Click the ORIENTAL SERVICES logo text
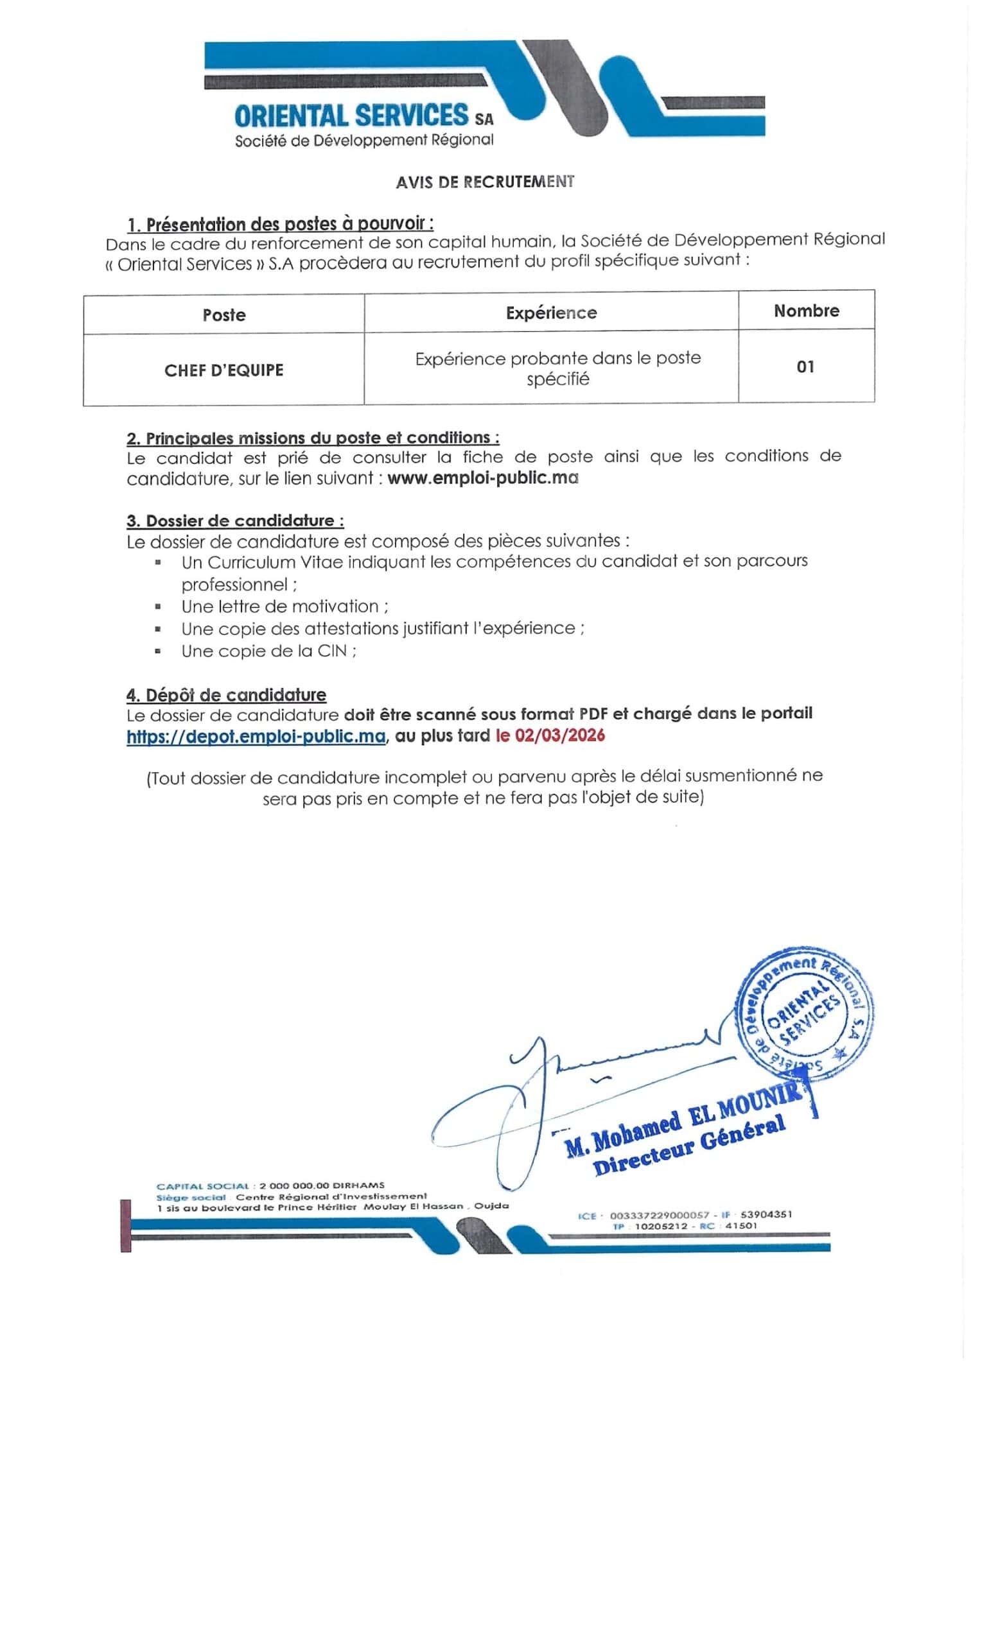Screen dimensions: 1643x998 click(351, 116)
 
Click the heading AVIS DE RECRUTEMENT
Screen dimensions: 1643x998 click(484, 182)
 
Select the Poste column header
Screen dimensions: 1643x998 click(223, 314)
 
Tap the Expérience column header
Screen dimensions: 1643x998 click(551, 313)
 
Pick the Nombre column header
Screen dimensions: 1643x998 click(806, 311)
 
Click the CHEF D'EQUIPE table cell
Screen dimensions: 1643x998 click(223, 370)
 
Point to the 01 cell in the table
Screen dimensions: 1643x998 click(805, 366)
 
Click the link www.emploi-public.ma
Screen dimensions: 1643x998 click(482, 478)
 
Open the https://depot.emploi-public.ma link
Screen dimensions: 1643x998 click(256, 736)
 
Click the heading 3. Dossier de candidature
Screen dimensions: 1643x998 click(235, 520)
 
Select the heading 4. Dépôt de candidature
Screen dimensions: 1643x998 click(226, 695)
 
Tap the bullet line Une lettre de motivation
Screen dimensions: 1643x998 click(285, 606)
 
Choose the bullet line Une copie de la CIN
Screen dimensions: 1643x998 click(268, 651)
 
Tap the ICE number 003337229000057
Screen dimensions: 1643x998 click(659, 1215)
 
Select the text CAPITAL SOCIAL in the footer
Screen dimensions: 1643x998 click(202, 1186)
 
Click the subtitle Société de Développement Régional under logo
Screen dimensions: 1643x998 click(363, 141)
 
